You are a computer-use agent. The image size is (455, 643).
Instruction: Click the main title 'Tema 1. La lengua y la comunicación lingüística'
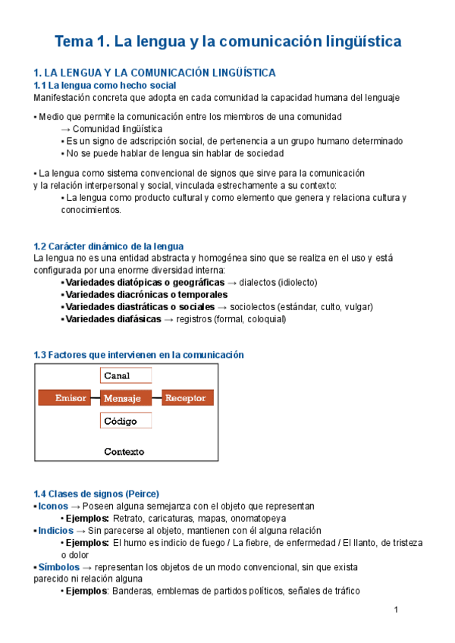click(x=227, y=42)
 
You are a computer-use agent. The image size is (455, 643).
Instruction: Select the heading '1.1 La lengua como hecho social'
click(x=105, y=86)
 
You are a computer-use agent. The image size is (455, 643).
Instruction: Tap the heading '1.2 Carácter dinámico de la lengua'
click(x=108, y=246)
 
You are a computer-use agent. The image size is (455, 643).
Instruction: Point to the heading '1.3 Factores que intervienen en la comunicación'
click(x=139, y=354)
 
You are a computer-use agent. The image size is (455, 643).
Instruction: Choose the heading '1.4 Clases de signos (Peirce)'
click(x=97, y=494)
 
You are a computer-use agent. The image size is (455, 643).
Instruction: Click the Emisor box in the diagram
click(x=69, y=398)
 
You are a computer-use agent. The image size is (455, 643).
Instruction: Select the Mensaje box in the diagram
click(x=126, y=398)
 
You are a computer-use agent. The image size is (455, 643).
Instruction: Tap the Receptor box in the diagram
click(x=187, y=398)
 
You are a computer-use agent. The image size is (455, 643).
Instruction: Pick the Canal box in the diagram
click(x=126, y=375)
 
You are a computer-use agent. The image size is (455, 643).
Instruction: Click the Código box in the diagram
click(x=126, y=421)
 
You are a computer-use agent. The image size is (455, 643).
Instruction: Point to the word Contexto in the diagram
click(x=125, y=451)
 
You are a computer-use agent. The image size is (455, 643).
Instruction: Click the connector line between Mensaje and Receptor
click(x=156, y=398)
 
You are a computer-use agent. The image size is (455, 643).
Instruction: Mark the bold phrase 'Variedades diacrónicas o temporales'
click(x=146, y=294)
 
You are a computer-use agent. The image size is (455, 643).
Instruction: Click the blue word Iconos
click(x=53, y=506)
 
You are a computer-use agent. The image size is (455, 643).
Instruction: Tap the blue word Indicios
click(x=56, y=531)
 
